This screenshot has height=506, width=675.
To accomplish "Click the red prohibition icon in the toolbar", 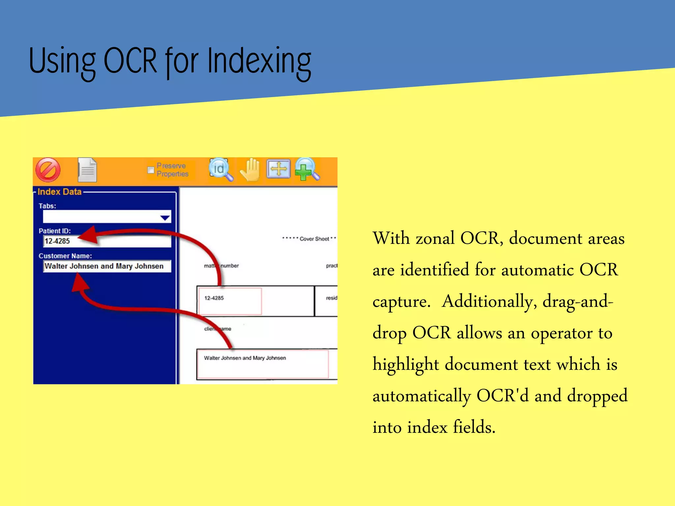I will click(48, 170).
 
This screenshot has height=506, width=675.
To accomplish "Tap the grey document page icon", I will click(87, 170).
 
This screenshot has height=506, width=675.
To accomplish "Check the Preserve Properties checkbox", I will click(151, 170).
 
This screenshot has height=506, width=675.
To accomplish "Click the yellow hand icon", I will click(250, 169).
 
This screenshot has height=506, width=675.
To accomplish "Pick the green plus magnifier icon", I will click(306, 169).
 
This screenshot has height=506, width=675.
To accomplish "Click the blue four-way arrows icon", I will click(279, 169).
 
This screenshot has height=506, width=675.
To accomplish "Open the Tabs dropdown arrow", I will click(165, 217).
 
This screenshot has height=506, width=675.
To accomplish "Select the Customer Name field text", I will click(104, 266).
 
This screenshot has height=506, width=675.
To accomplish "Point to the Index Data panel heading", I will click(59, 192).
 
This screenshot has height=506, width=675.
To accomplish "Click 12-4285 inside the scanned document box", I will click(214, 298).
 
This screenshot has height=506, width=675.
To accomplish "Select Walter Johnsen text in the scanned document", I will click(223, 358).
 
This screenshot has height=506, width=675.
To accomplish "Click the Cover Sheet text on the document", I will click(314, 239).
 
